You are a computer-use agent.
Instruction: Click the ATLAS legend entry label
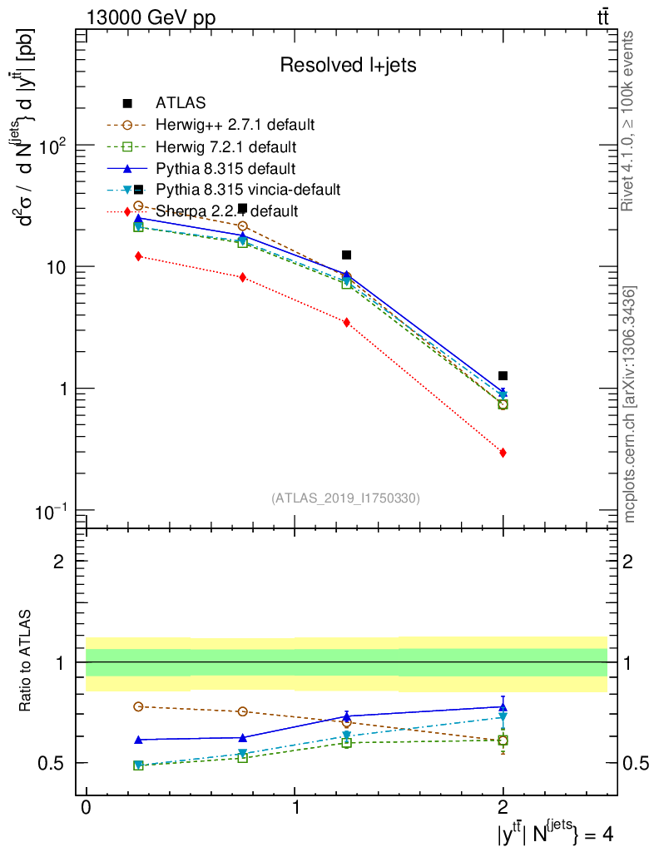click(x=181, y=103)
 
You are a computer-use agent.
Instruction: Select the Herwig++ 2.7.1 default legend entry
click(x=235, y=126)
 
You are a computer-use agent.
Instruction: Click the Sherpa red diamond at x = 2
click(x=503, y=453)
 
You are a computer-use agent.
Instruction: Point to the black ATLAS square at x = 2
click(x=503, y=376)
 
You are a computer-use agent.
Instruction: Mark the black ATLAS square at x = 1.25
click(x=346, y=255)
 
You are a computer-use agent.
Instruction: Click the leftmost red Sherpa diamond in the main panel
click(x=139, y=256)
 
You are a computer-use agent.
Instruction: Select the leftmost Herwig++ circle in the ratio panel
click(x=139, y=706)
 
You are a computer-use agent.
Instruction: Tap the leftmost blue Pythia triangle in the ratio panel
click(x=139, y=740)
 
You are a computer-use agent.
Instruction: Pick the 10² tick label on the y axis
click(x=55, y=146)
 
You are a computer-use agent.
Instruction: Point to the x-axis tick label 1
click(x=295, y=809)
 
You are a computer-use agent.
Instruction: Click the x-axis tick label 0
click(x=86, y=809)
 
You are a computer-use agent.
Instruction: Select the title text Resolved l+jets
click(x=347, y=66)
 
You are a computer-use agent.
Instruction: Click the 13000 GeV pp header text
click(x=150, y=17)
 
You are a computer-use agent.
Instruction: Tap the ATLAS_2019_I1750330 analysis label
click(x=345, y=498)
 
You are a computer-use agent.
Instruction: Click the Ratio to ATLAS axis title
click(x=27, y=661)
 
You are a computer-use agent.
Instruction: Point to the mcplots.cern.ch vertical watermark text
click(x=630, y=404)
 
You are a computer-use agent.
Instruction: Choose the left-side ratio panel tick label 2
click(x=60, y=562)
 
